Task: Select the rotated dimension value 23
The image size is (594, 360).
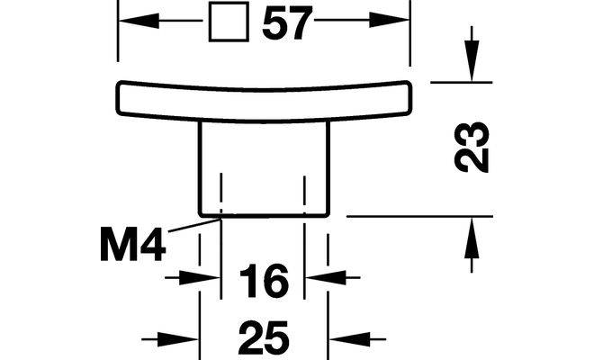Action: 472,147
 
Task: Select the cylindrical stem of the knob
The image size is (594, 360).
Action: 264,166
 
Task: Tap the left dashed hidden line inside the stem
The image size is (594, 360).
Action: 221,189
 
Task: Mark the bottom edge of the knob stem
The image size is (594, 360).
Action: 264,216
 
